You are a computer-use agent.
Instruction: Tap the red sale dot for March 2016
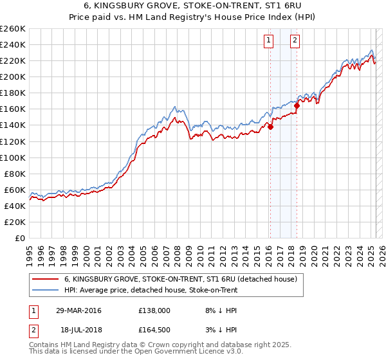(x=270, y=127)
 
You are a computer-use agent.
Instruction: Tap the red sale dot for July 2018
(x=297, y=105)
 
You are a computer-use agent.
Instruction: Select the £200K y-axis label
(x=13, y=76)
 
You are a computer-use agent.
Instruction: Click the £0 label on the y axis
(x=19, y=238)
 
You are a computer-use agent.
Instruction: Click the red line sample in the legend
(x=45, y=279)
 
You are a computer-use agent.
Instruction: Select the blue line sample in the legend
(x=45, y=290)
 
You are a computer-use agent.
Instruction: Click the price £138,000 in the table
(x=154, y=310)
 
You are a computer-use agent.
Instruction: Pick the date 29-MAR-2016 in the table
(x=78, y=310)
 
